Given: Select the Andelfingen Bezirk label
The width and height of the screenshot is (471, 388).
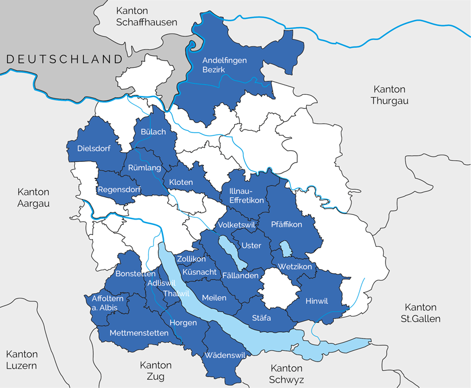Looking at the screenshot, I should click(224, 65).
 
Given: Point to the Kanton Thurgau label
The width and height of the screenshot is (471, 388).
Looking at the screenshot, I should click(389, 95).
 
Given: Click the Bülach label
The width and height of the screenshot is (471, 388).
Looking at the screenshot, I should click(153, 132).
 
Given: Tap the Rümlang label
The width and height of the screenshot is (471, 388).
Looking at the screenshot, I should click(144, 168).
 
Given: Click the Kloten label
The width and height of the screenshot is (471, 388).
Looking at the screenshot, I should click(181, 183).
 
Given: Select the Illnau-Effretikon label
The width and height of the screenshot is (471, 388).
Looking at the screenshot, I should click(243, 196).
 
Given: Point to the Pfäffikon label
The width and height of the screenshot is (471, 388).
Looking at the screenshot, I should click(287, 224).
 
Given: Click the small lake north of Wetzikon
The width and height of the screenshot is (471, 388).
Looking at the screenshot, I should click(286, 248).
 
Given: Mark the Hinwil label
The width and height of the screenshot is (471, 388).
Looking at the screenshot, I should click(317, 301).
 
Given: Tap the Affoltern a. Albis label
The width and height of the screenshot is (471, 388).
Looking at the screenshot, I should click(101, 303).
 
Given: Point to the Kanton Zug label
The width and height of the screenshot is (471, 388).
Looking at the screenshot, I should click(156, 370).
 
